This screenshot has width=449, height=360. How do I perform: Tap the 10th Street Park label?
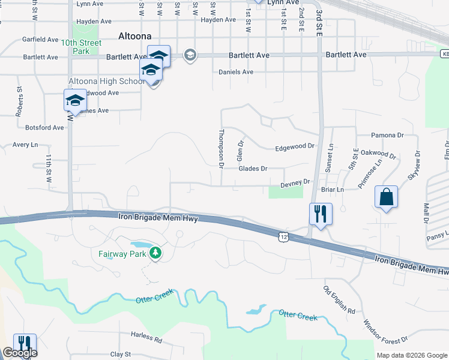pyautogui.click(x=81, y=47)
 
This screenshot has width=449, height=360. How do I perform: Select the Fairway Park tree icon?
pyautogui.click(x=156, y=253)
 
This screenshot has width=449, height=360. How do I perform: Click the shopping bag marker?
pyautogui.click(x=385, y=197)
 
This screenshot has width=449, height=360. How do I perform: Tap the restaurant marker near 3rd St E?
pyautogui.click(x=320, y=214)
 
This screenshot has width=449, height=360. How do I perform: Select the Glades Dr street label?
pyautogui.click(x=252, y=169)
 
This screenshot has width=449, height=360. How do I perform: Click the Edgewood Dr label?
pyautogui.click(x=294, y=146)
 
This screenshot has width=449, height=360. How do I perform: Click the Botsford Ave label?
pyautogui.click(x=44, y=128)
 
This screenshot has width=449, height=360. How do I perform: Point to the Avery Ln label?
pyautogui.click(x=25, y=145)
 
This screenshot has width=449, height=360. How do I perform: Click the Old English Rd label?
pyautogui.click(x=339, y=299)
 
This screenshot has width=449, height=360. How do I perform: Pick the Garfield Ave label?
pyautogui.click(x=40, y=40)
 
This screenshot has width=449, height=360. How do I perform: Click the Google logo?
pyautogui.click(x=19, y=353)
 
